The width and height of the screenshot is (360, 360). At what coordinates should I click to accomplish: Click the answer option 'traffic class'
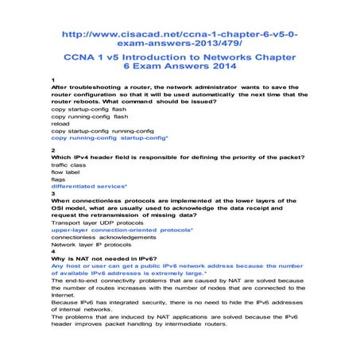[x=73, y=164]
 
